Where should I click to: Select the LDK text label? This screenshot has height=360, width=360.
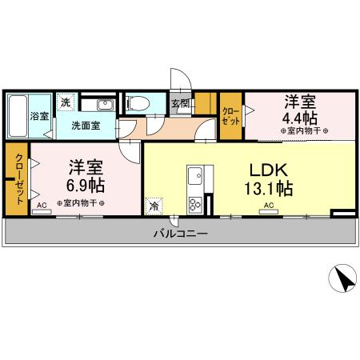tap(270, 170)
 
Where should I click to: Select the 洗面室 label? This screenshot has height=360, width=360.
tap(84, 126)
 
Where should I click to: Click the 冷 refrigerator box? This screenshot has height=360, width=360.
tap(153, 206)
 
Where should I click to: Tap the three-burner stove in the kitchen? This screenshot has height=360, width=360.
tap(195, 204)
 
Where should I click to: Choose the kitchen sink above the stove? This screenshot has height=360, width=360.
tap(195, 174)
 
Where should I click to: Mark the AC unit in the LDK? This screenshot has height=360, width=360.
tap(269, 206)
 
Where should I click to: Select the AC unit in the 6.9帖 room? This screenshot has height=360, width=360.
tap(42, 206)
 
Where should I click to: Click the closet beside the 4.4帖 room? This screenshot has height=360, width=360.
tap(231, 116)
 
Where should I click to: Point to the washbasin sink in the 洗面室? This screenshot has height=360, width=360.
tap(104, 104)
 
